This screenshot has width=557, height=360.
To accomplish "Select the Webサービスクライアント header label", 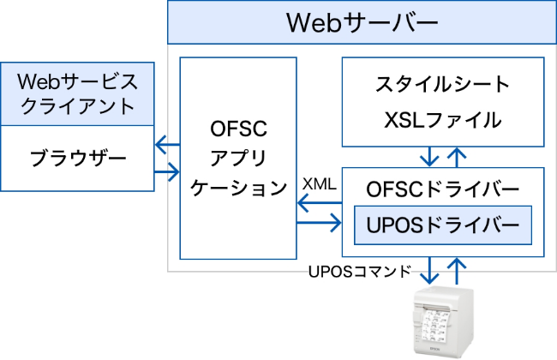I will click(x=77, y=93).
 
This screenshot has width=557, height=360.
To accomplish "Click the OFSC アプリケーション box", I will click(x=238, y=158).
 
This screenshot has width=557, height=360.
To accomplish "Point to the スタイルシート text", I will click(x=442, y=85).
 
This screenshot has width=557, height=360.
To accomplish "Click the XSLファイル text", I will click(x=442, y=120).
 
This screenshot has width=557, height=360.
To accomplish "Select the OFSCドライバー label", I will click(x=442, y=186).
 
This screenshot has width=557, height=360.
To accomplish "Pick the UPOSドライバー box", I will click(x=442, y=225).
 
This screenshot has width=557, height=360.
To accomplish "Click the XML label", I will click(x=320, y=183).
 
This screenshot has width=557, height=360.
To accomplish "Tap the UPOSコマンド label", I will click(x=359, y=272).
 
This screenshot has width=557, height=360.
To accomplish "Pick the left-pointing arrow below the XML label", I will click(x=319, y=202).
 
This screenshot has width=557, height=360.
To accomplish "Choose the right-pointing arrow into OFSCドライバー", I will click(x=319, y=225).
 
